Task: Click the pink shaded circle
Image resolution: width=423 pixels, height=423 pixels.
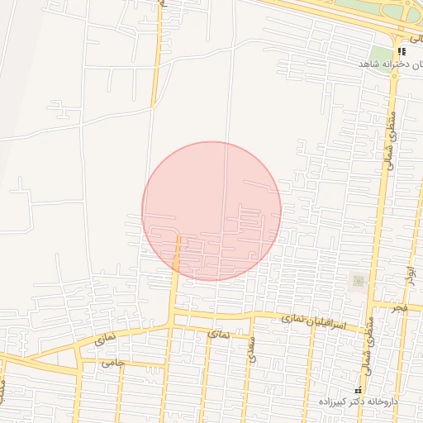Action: coord(211,211)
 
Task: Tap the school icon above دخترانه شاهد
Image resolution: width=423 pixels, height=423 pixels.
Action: coord(402,51)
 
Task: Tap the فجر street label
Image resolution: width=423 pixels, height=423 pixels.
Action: coord(400,308)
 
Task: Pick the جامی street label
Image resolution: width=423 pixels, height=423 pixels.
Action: coord(112,363)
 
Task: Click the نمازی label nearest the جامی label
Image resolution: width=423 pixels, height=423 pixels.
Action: coord(105,339)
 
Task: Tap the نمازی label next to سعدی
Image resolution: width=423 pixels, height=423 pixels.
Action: coord(218,334)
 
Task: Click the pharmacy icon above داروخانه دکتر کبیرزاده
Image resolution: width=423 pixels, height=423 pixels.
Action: coord(358,390)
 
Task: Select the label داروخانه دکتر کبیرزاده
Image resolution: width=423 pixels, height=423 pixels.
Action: coord(361,402)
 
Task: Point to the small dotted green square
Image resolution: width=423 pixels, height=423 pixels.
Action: coord(358,281)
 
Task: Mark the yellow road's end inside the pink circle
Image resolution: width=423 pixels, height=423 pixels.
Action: coord(178,236)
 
